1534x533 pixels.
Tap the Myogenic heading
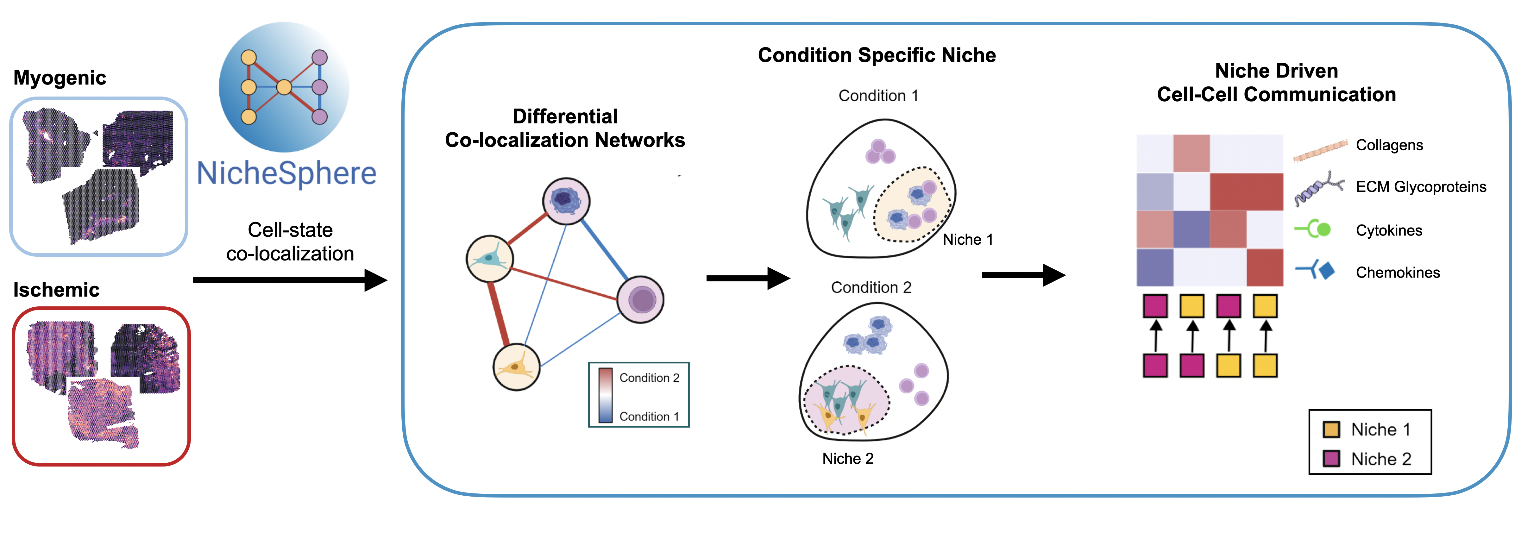click(x=60, y=78)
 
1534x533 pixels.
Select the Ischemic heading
click(x=57, y=290)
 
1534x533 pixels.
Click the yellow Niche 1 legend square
click(x=1331, y=430)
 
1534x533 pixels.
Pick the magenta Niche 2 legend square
click(x=1331, y=459)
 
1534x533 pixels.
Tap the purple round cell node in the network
click(x=640, y=299)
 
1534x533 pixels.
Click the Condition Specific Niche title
click(x=877, y=55)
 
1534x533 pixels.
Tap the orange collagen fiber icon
click(x=1320, y=151)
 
